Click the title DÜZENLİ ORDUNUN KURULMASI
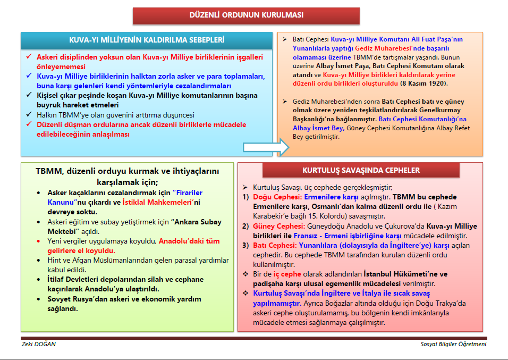[x=254, y=15]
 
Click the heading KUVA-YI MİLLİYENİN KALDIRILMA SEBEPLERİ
[x=147, y=40]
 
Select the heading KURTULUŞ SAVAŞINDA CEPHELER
[x=361, y=170]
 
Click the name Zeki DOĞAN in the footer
[x=38, y=344]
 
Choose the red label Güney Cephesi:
[x=275, y=225]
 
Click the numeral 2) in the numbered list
[x=245, y=225]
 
